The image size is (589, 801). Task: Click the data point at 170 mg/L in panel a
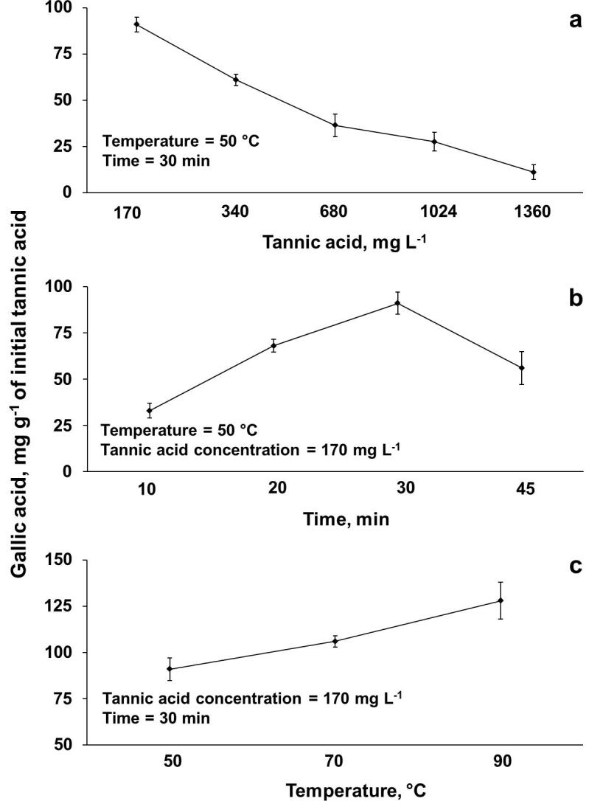click(x=136, y=24)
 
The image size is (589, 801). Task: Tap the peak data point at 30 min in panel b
click(x=397, y=303)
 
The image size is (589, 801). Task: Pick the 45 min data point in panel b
click(x=501, y=368)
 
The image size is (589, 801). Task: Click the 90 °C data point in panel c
click(x=501, y=600)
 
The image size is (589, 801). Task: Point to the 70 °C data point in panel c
click(x=335, y=641)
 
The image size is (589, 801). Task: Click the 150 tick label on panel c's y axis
click(x=58, y=560)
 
